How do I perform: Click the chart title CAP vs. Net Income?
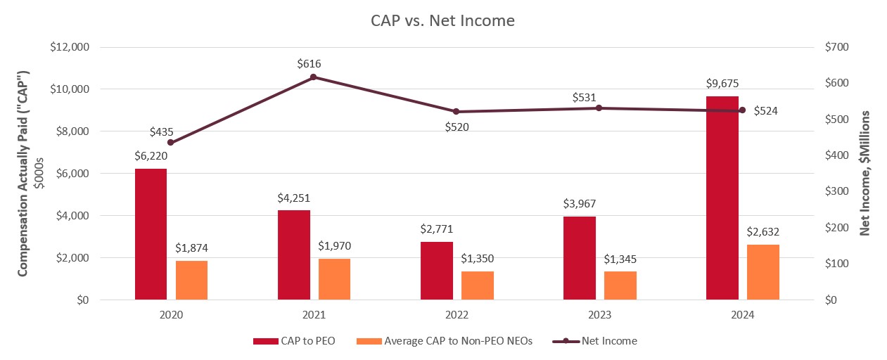tap(442, 21)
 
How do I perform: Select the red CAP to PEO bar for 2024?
tap(722, 198)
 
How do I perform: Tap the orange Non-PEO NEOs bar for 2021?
tap(334, 279)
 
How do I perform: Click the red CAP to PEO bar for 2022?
tap(436, 271)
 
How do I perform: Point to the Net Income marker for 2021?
tap(314, 77)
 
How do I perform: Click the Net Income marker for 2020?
tap(171, 142)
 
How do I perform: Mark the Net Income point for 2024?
tap(742, 110)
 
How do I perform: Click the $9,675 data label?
tap(722, 83)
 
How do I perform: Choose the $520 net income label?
tap(457, 127)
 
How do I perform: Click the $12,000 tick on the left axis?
tap(69, 47)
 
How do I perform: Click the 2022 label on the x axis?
tap(457, 316)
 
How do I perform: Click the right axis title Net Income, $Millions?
tap(864, 172)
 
